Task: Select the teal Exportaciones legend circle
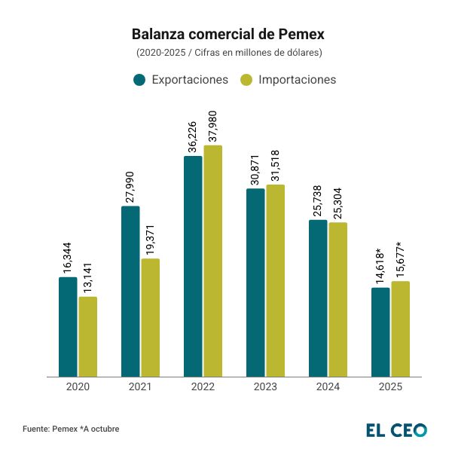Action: tap(139, 80)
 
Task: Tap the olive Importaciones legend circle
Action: tap(246, 80)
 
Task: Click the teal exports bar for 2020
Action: tap(68, 327)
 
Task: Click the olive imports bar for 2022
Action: tap(213, 261)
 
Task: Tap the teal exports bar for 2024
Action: tap(318, 298)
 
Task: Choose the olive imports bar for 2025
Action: tap(401, 328)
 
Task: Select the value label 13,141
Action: tap(88, 273)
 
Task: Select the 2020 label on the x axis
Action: tap(78, 386)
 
